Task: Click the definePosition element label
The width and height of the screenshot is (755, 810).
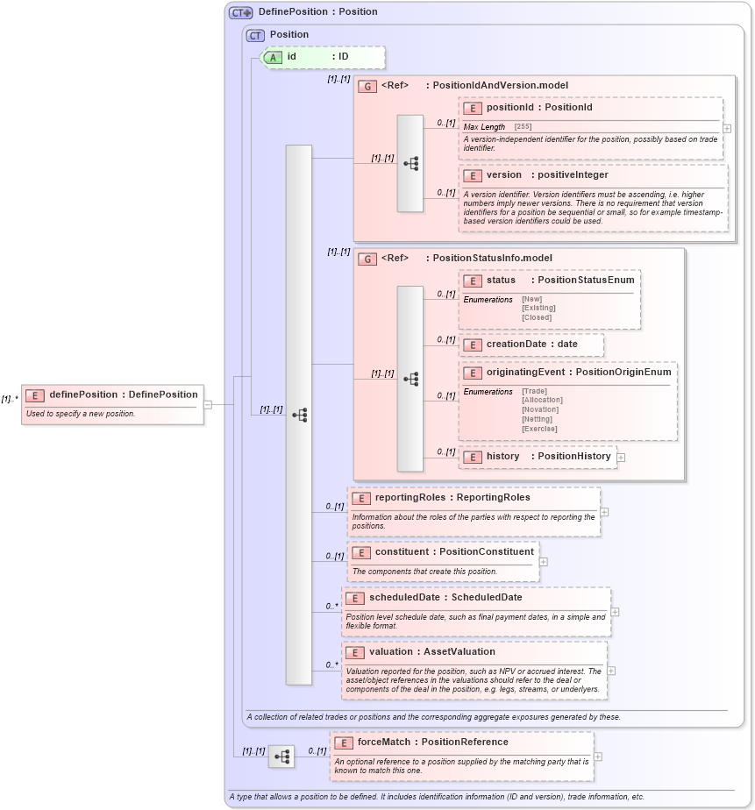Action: (123, 394)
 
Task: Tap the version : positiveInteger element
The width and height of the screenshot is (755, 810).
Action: (547, 175)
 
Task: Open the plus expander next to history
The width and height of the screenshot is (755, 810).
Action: (621, 458)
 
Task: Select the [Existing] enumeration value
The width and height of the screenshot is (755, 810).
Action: (538, 308)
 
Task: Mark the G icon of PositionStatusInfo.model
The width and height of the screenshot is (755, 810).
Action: (367, 259)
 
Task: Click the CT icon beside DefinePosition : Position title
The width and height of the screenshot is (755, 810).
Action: (240, 12)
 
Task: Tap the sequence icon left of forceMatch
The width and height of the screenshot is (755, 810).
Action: (281, 756)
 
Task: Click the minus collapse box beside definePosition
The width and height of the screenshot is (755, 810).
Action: (208, 405)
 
